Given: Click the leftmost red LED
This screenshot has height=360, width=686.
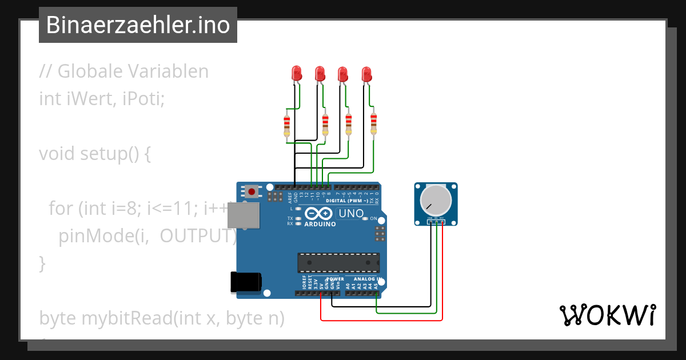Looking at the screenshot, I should coord(297,73).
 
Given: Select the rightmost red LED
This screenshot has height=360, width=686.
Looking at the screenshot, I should coord(366,74).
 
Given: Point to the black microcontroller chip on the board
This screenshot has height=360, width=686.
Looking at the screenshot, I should coord(338,262).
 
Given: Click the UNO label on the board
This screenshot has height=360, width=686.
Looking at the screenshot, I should coord(352,214).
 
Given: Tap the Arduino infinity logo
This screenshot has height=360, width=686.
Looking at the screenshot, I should coord(319,214).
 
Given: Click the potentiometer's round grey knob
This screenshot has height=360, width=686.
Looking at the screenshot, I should coord(434,201).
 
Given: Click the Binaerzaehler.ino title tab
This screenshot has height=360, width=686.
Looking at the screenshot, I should coord(138,25).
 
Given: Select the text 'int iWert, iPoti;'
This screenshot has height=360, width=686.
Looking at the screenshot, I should coord(102,99).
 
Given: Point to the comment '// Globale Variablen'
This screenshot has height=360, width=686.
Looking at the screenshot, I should coord(123,71).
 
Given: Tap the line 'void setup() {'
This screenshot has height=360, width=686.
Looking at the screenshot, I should coord(95,154).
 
